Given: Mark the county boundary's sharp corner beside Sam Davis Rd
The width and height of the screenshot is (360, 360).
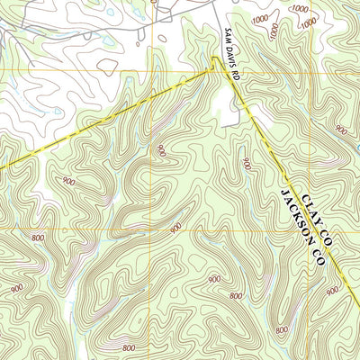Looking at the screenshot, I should pyautogui.click(x=214, y=58).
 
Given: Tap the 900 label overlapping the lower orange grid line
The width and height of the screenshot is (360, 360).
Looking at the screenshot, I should pyautogui.click(x=175, y=228).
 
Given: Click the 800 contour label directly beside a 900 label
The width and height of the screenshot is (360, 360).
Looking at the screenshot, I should pyautogui.click(x=235, y=295).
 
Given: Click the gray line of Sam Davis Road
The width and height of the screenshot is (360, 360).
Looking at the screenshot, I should pyautogui.click(x=240, y=103).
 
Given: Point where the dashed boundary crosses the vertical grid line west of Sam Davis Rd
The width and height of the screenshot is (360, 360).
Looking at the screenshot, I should pyautogui.click(x=155, y=90).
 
